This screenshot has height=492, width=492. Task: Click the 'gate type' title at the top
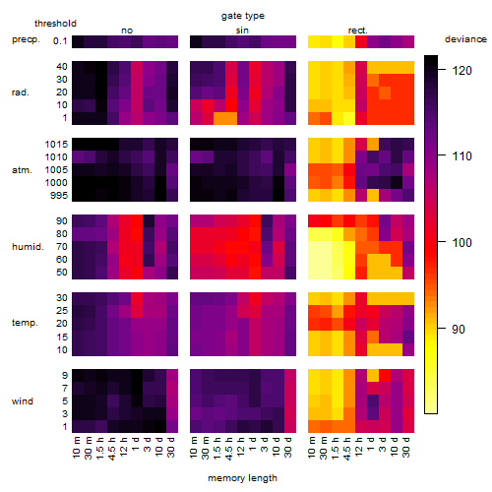(x=243, y=16)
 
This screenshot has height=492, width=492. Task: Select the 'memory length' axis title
(x=242, y=478)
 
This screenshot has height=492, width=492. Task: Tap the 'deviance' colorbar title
(x=465, y=39)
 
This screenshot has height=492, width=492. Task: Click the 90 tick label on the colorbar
(x=459, y=329)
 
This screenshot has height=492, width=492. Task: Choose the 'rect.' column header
(x=357, y=31)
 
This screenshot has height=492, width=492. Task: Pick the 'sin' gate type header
(x=242, y=31)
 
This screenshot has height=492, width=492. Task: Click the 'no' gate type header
(x=127, y=31)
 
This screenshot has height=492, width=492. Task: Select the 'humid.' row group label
(x=28, y=247)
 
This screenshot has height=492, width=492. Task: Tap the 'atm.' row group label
(x=22, y=170)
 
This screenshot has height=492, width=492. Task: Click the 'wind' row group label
(x=23, y=400)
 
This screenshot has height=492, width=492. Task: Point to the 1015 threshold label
(x=56, y=145)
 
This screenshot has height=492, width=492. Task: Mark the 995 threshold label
(x=59, y=196)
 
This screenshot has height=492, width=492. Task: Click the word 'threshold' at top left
(x=55, y=24)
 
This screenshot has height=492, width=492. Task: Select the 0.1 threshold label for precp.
(x=60, y=41)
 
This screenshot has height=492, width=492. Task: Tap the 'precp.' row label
(x=26, y=39)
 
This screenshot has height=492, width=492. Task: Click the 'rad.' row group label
(x=21, y=92)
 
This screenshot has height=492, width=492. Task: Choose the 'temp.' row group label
(x=25, y=323)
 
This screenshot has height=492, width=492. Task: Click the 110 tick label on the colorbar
(x=462, y=156)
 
